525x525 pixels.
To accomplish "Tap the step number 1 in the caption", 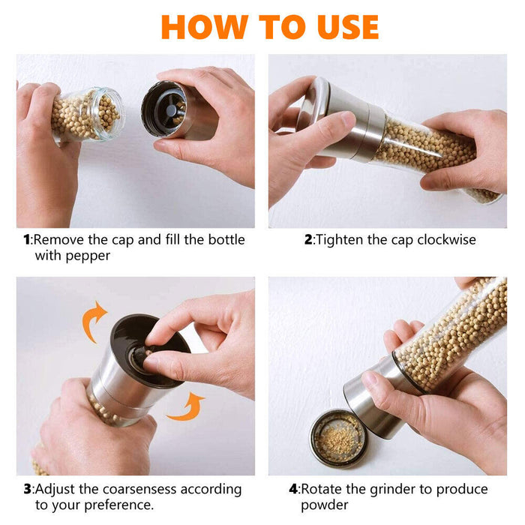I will point(27,240).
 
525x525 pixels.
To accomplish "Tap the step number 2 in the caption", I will point(307,240).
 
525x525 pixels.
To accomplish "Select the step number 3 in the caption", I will point(27,490).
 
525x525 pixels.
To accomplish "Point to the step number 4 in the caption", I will point(293,490).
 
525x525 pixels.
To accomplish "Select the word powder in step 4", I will point(326,505).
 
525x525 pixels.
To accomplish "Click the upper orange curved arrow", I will point(94,321).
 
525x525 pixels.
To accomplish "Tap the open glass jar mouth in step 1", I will point(107,113).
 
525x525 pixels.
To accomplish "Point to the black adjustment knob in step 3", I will point(142,356).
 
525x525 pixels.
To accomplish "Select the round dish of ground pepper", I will point(338,438).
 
